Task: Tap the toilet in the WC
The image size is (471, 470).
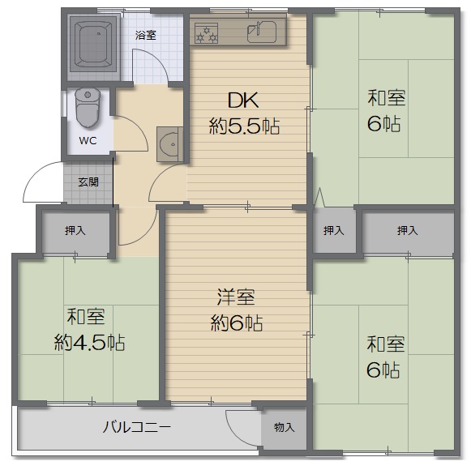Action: click(x=88, y=108)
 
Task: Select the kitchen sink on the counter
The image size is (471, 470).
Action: click(x=261, y=32)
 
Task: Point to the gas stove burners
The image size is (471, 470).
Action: click(x=206, y=33)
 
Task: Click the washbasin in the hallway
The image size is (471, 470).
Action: click(x=170, y=144)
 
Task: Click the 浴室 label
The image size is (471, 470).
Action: click(x=146, y=36)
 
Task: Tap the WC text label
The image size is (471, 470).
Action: click(x=88, y=140)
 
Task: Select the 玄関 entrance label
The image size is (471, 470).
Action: click(x=88, y=182)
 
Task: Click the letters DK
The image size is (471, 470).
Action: click(x=243, y=100)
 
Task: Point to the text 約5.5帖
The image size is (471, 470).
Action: click(x=244, y=126)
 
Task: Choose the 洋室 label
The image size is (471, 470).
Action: click(x=236, y=297)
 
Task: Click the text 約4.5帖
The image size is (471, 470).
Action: click(x=89, y=342)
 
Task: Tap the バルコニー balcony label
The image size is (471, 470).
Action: click(x=137, y=427)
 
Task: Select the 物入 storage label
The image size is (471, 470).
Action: click(x=284, y=427)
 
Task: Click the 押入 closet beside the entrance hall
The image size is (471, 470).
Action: click(x=75, y=231)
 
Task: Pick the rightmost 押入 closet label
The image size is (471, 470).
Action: click(x=407, y=231)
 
